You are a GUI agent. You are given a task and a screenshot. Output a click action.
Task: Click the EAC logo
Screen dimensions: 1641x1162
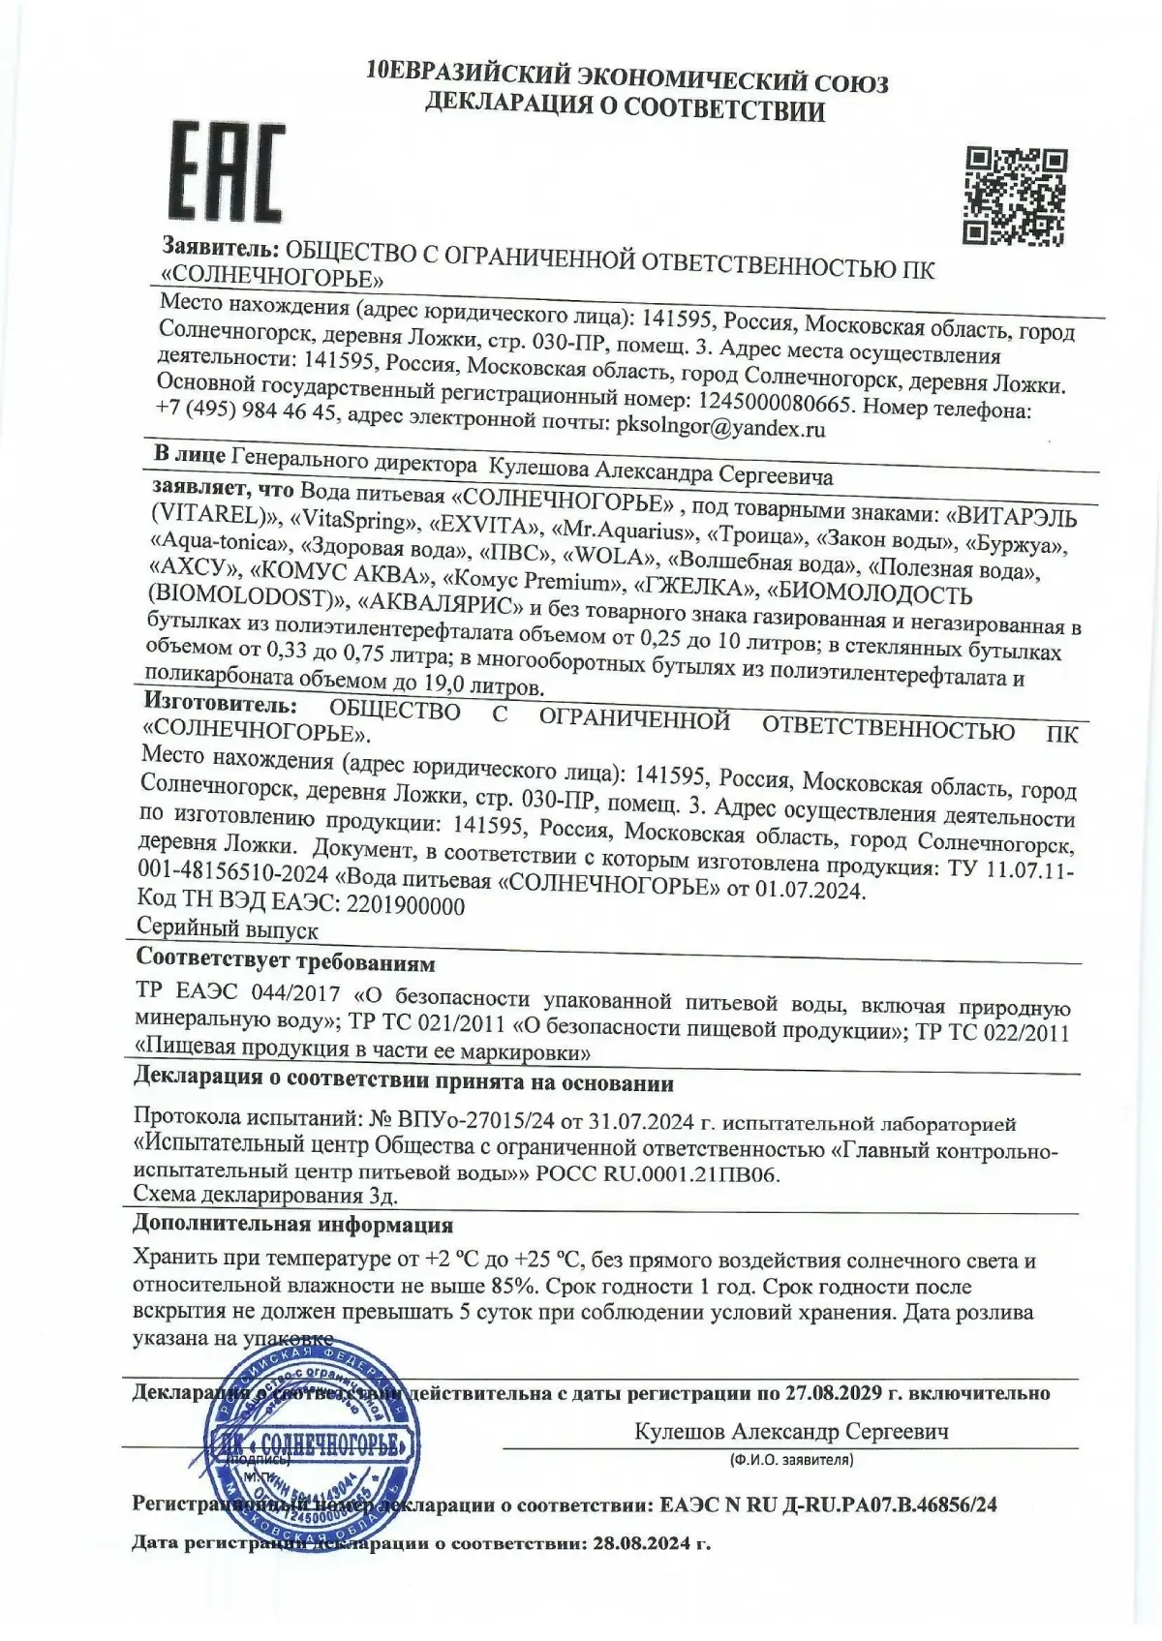pyautogui.click(x=229, y=172)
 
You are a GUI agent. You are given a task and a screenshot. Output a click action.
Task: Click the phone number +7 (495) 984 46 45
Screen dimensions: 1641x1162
pyautogui.click(x=246, y=411)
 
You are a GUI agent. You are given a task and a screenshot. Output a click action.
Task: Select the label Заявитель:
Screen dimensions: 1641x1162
pyautogui.click(x=221, y=247)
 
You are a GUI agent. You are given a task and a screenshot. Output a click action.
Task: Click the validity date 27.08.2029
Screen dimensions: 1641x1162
pyautogui.click(x=834, y=1393)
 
